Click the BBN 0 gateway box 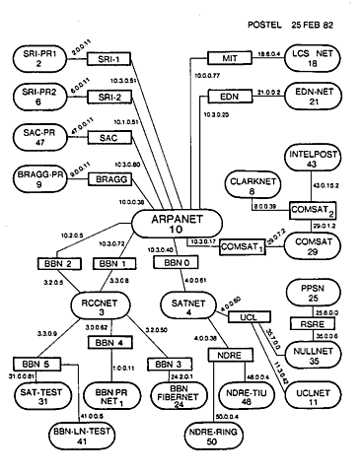click(x=175, y=265)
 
